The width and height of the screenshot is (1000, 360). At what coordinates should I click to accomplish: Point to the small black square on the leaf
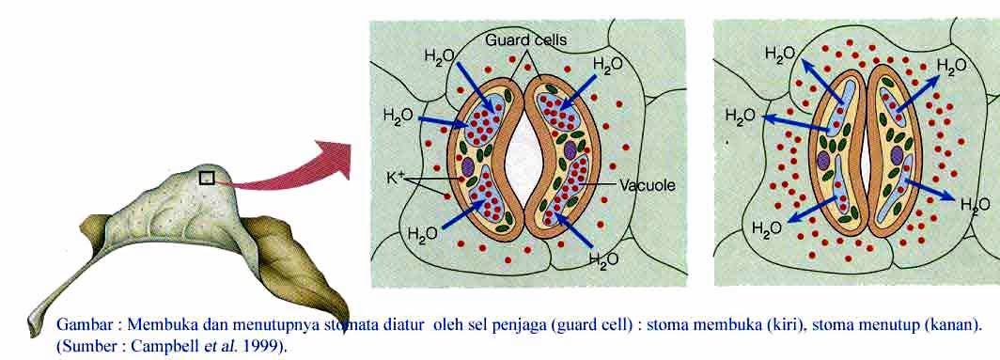(208, 177)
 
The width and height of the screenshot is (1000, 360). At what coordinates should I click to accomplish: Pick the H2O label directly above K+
(398, 117)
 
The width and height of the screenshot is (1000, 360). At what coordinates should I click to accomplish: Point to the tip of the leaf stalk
(28, 324)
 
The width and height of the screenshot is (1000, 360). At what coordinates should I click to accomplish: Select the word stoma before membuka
(677, 325)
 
